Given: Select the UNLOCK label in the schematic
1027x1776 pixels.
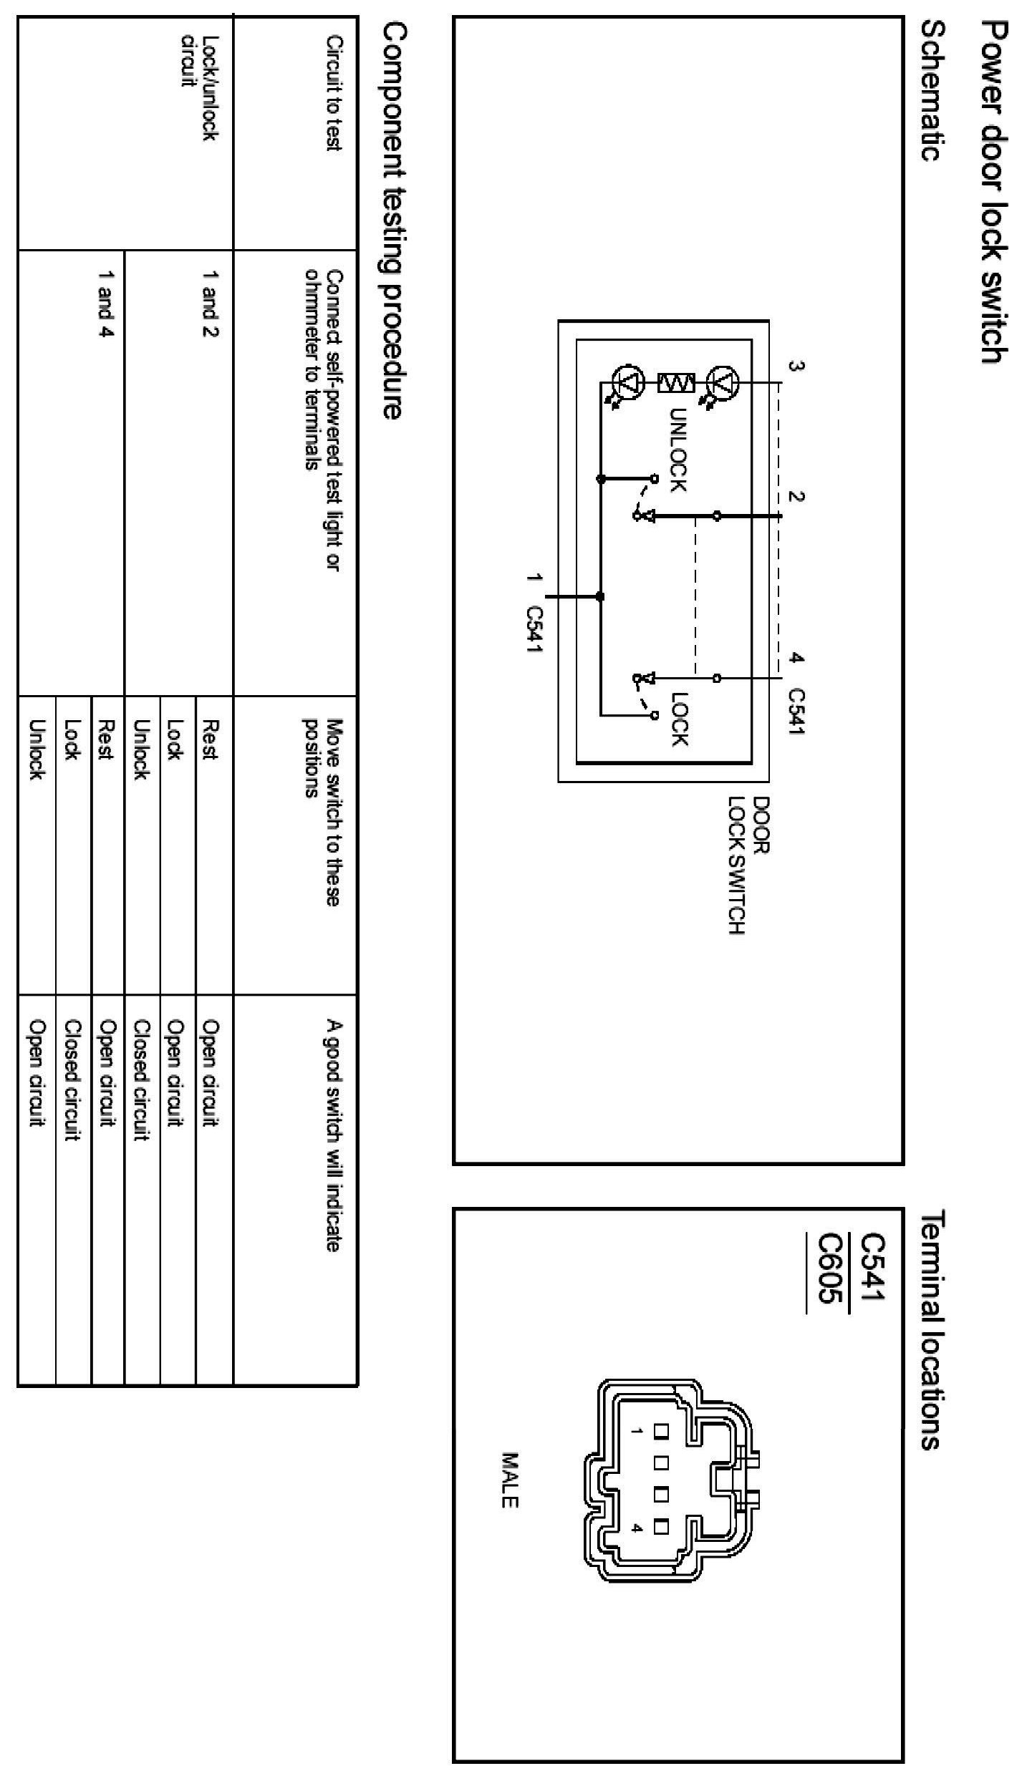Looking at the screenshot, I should click(678, 450).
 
